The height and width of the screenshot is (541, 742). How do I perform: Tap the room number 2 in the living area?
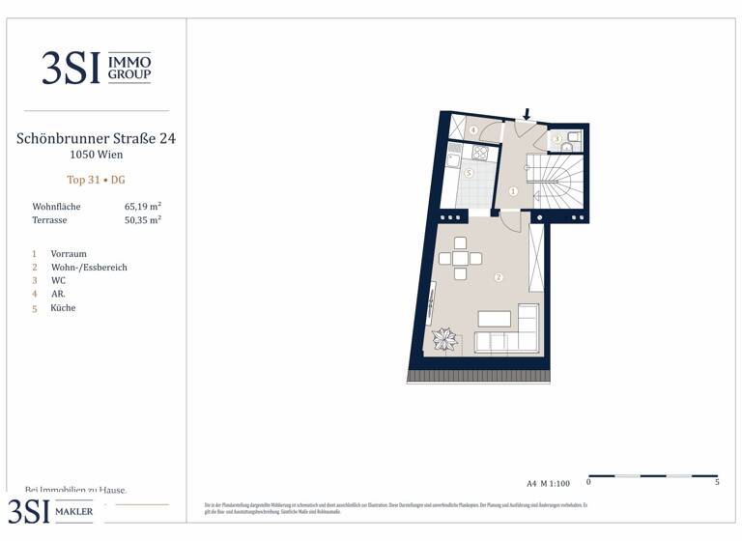[x=499, y=277]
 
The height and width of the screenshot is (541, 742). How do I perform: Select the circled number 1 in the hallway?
[x=513, y=191]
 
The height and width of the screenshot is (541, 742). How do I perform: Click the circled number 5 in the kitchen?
[x=469, y=174]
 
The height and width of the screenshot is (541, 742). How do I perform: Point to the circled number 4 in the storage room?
[x=473, y=130]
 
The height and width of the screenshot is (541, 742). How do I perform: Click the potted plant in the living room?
[x=445, y=339]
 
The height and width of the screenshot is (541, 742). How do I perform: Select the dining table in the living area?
[x=461, y=258]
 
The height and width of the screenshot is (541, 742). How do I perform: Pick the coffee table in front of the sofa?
[x=495, y=318]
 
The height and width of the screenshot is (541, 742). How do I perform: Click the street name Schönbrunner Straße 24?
[x=96, y=138]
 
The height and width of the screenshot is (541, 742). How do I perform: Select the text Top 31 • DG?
[x=96, y=180]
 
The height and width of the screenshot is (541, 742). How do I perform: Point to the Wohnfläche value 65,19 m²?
[x=143, y=207]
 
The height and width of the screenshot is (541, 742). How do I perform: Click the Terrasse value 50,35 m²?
[x=143, y=220]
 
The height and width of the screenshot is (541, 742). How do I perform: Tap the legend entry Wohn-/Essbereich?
[x=89, y=268]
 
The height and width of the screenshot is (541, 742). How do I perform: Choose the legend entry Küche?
[x=63, y=308]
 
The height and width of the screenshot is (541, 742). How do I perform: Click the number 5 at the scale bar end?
[x=717, y=482]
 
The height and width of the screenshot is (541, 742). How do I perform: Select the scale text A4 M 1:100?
[x=549, y=483]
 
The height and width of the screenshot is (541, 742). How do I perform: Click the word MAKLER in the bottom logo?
[x=73, y=511]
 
